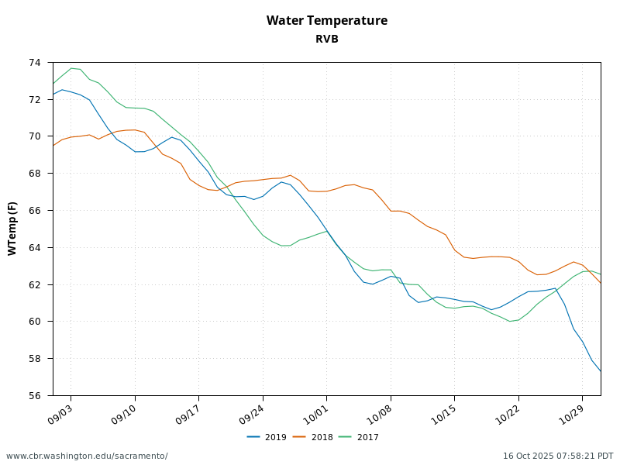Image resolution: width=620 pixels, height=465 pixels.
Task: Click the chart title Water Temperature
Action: [326, 21]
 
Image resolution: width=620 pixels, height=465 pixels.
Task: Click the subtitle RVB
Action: [326, 39]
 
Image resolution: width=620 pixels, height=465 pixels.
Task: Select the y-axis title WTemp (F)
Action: [12, 229]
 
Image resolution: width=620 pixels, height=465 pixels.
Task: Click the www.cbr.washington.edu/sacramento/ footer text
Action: [87, 456]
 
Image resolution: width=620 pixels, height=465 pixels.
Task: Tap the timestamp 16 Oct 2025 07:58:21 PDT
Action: [558, 456]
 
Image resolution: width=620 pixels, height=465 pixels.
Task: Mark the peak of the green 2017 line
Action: [71, 68]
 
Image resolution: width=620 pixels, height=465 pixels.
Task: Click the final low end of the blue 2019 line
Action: [601, 371]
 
